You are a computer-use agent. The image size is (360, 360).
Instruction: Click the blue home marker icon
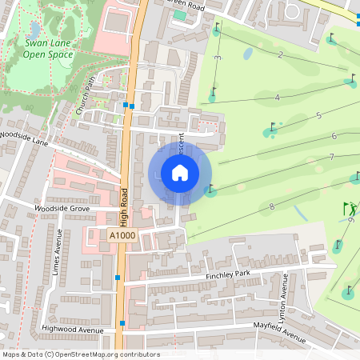coord(180,173)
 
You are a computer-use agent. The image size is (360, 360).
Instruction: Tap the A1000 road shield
coord(122,235)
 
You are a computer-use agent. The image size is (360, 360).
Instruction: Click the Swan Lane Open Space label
coord(49,50)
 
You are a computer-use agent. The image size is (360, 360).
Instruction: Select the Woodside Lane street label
coord(25,138)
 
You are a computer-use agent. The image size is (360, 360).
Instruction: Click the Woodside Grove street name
coord(62,208)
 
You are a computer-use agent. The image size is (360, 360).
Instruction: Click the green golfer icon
coord(350,209)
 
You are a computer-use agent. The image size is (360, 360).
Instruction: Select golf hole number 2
coord(280,54)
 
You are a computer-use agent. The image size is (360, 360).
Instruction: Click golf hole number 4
coord(277,98)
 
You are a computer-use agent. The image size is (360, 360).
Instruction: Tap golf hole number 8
coord(272,207)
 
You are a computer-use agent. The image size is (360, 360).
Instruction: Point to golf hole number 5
coord(318,116)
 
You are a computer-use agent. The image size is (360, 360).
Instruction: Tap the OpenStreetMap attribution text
coord(81,354)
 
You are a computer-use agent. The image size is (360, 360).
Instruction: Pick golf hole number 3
coord(218,60)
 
